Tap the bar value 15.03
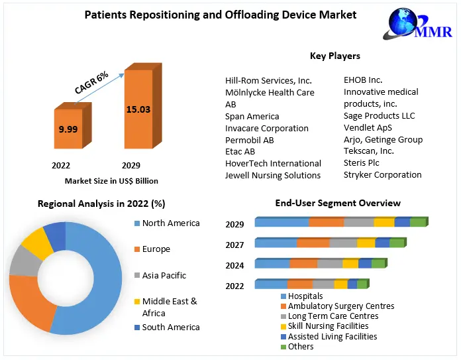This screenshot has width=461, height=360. click(x=138, y=109)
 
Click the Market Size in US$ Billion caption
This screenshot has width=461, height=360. click(x=111, y=180)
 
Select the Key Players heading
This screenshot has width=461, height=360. click(x=335, y=56)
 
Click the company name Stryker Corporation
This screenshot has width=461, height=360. click(x=382, y=175)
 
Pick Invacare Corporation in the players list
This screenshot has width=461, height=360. click(x=266, y=128)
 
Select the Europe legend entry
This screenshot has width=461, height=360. click(x=156, y=249)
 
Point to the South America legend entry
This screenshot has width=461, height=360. click(x=171, y=327)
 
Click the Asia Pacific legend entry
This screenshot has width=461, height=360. click(x=164, y=275)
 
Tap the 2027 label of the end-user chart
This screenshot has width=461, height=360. click(x=234, y=245)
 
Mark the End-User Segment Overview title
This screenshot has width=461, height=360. click(x=338, y=203)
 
